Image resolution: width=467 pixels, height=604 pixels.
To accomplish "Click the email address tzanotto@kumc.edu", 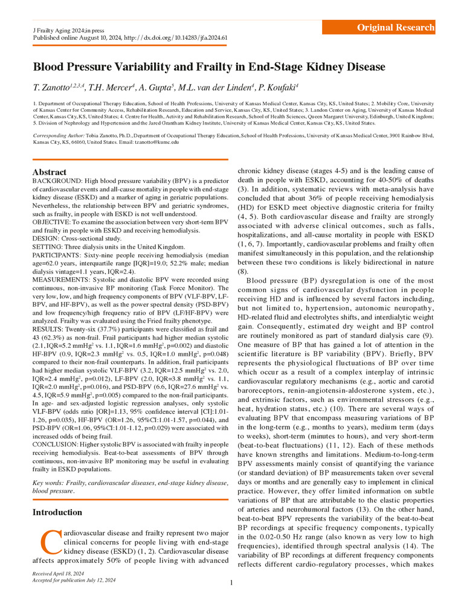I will pos(154,142).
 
